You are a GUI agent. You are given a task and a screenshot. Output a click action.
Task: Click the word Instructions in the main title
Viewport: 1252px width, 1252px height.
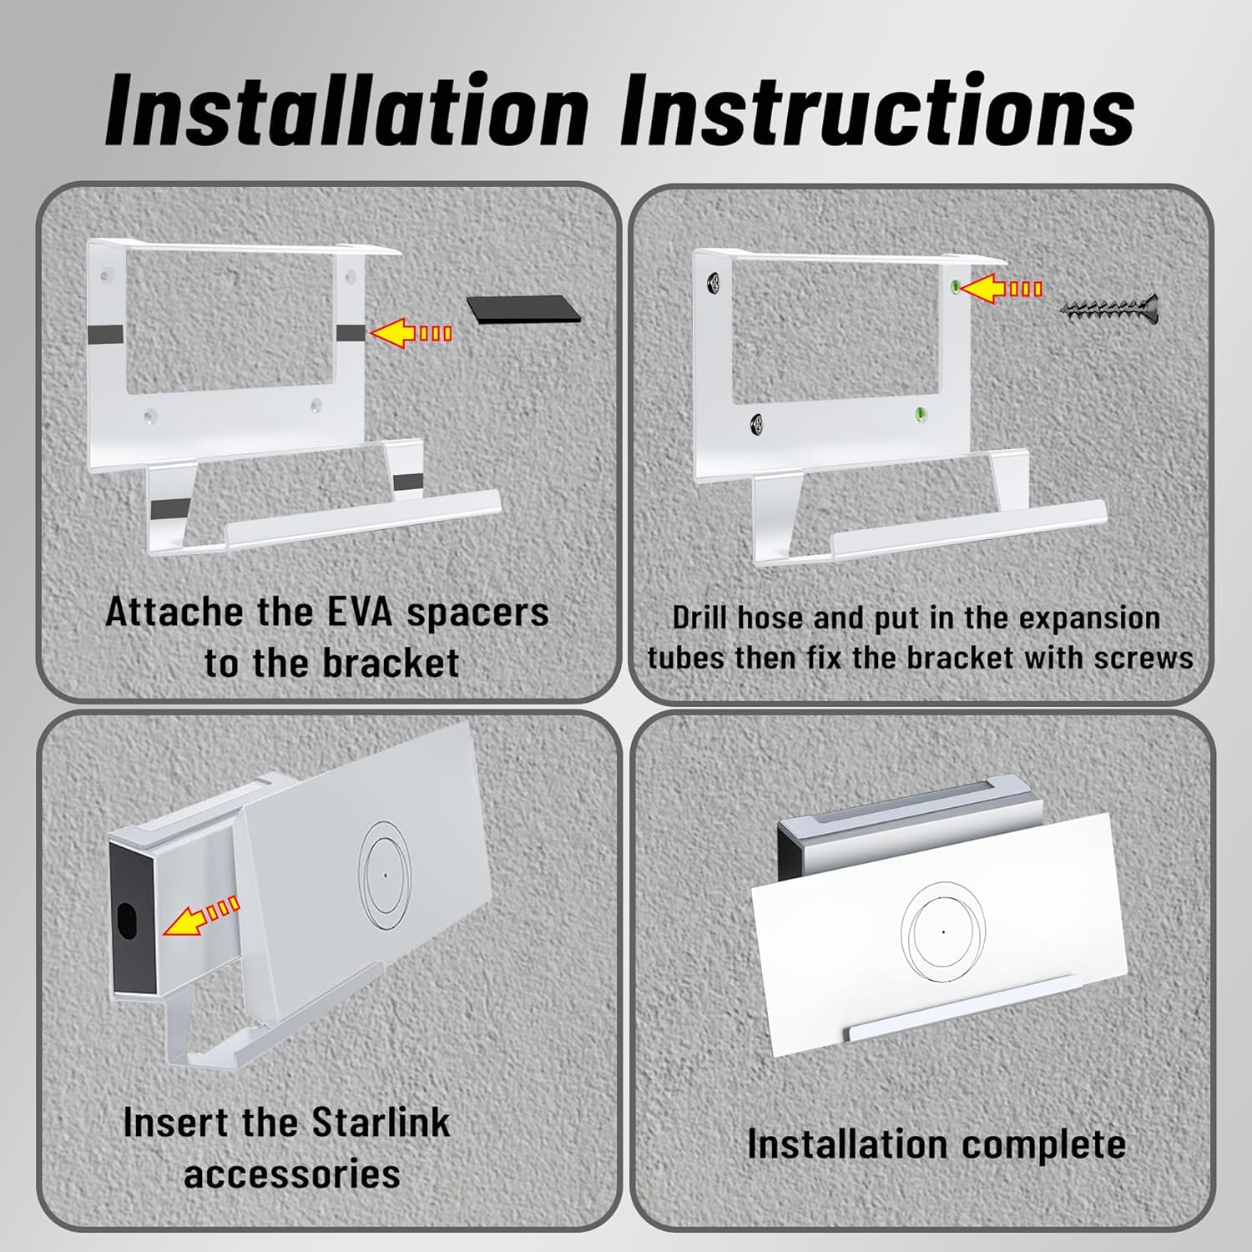coord(876,110)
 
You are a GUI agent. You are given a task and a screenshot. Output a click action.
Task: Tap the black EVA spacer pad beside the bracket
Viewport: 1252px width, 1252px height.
coord(523,310)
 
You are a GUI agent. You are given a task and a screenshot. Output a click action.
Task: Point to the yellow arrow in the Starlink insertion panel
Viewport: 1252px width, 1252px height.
coord(200,916)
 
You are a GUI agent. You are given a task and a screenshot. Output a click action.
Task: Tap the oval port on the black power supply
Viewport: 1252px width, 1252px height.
coord(128,919)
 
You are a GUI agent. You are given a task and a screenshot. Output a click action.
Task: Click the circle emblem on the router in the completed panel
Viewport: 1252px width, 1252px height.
coord(943,931)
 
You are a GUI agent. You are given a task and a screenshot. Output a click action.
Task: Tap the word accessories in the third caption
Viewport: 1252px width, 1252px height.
coord(292,1174)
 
